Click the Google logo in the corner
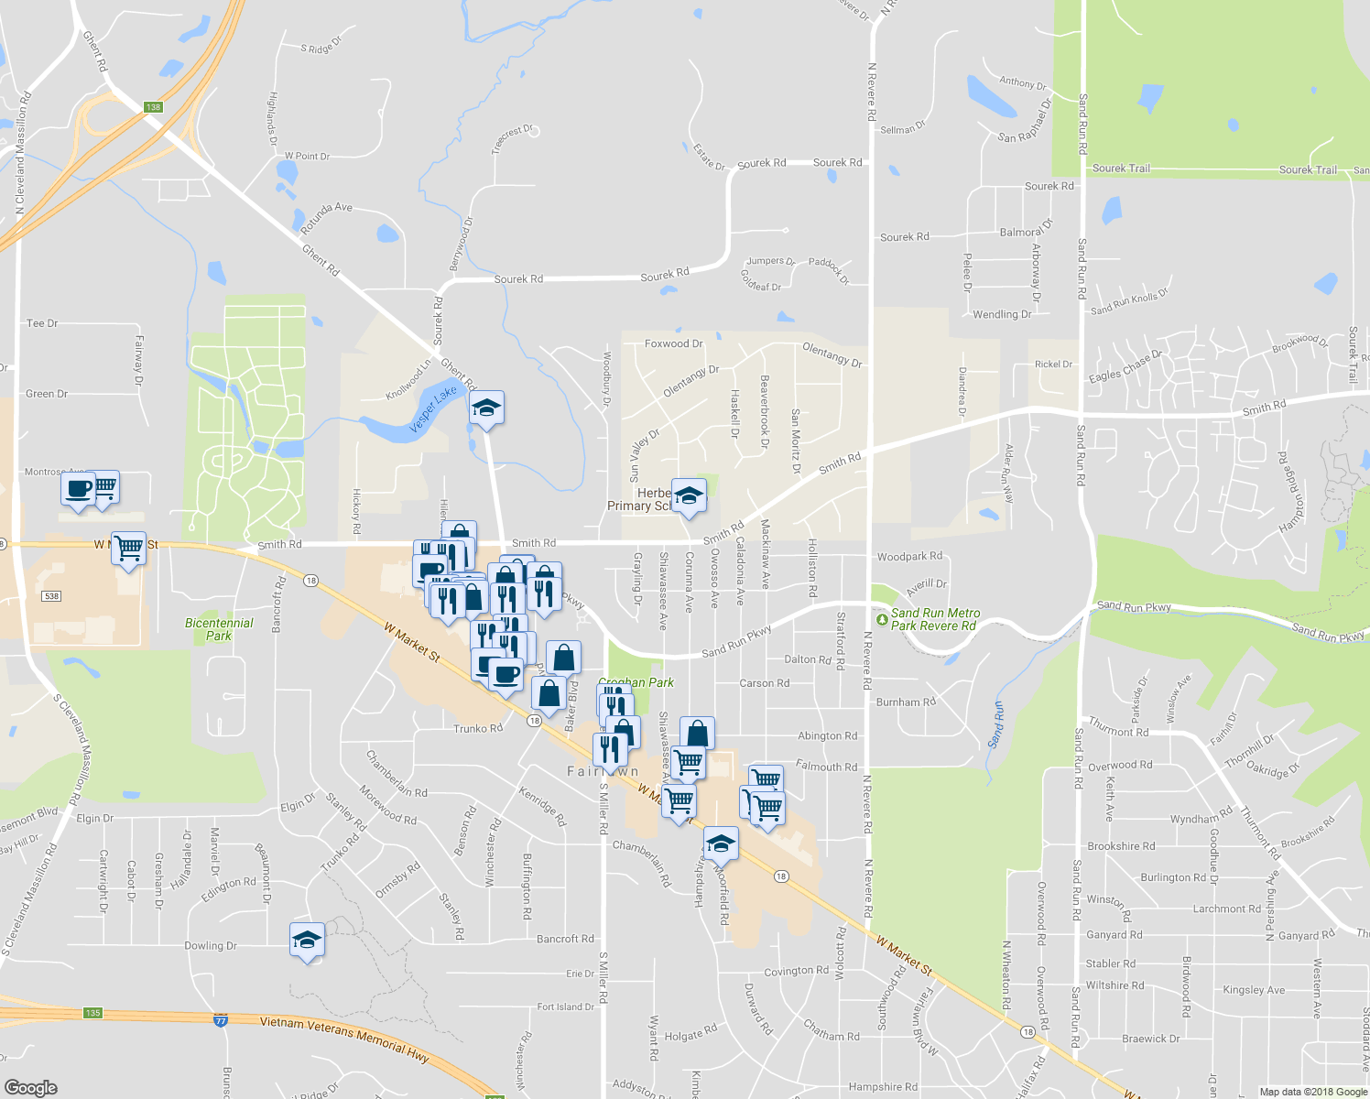(x=30, y=1087)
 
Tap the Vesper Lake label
(x=433, y=408)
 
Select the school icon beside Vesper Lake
(x=486, y=408)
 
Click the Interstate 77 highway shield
(x=221, y=1019)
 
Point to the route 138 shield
(x=153, y=107)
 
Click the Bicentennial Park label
(x=219, y=629)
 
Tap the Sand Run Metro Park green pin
(x=881, y=620)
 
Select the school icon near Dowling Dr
(x=307, y=940)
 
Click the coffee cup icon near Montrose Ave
(x=79, y=488)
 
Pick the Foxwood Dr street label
(x=673, y=343)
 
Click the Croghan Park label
(x=636, y=682)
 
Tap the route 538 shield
(x=51, y=596)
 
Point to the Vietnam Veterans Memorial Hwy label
(x=344, y=1039)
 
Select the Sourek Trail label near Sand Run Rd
(x=1121, y=169)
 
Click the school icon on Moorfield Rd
(x=720, y=844)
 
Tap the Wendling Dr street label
(x=1002, y=314)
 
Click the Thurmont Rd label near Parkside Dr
(x=1118, y=730)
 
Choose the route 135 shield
(x=92, y=1013)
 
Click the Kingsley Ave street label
(x=1254, y=990)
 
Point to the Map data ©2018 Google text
(x=1312, y=1092)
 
